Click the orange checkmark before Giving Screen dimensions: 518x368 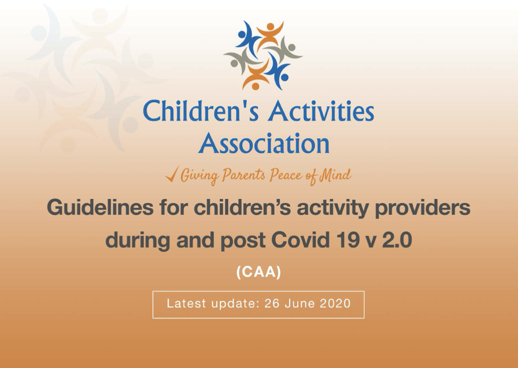click(172, 174)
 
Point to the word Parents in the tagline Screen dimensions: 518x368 click(243, 175)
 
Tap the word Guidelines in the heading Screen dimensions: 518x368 click(100, 208)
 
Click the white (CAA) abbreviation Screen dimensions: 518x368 click(258, 272)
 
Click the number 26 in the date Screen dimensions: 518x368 click(272, 303)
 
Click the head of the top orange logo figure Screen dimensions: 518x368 click(270, 27)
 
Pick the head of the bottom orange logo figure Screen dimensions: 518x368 click(255, 85)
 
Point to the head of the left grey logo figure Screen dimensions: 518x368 click(234, 63)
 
